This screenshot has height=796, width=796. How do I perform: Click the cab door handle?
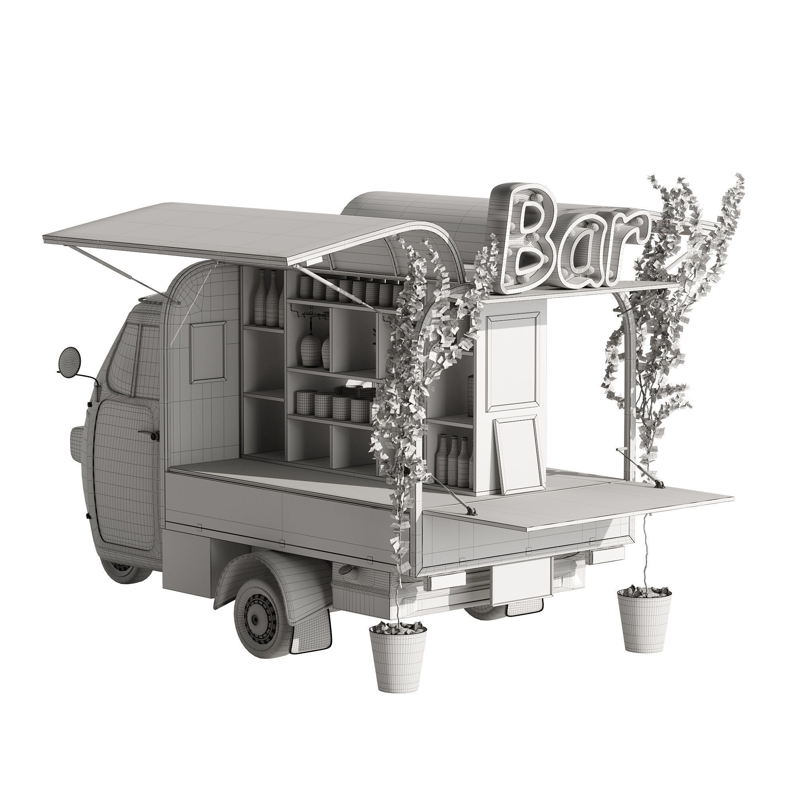click(x=150, y=435)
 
